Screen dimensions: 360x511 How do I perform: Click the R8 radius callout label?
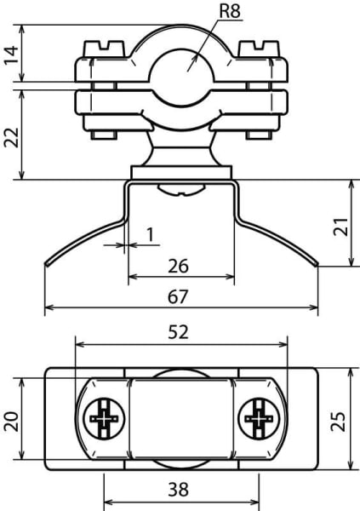[230, 10]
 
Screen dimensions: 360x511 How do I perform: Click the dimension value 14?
[11, 55]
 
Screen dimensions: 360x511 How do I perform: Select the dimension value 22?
[11, 137]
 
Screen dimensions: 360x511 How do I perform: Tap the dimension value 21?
[340, 227]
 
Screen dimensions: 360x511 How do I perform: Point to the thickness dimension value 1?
[150, 234]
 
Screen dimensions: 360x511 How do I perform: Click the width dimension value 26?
[178, 266]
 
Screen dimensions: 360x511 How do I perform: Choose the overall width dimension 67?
[178, 297]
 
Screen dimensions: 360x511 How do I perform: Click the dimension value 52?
[178, 332]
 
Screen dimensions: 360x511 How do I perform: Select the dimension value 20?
[11, 422]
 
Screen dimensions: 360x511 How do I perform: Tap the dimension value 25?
[338, 422]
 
